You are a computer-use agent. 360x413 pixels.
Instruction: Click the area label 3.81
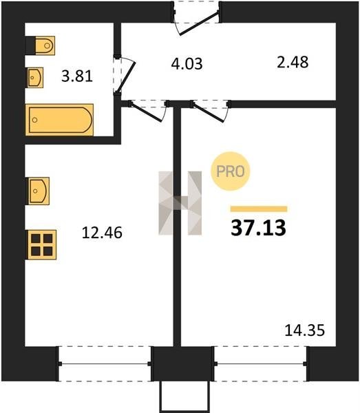77,76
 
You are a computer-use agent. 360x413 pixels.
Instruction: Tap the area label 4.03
187,64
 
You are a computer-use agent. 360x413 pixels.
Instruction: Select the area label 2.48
293,63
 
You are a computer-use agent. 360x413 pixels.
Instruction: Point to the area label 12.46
102,233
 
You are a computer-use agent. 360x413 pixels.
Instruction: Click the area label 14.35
305,330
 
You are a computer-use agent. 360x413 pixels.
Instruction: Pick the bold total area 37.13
258,228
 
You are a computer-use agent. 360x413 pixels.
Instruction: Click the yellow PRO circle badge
230,171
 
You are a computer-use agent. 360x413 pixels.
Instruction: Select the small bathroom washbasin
35,77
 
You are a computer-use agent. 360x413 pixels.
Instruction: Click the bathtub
59,120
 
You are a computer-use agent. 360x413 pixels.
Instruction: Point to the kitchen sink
39,191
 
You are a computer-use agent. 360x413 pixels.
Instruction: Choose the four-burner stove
42,245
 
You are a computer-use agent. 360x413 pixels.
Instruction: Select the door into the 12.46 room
149,110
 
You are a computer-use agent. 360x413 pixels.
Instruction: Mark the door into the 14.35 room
211,111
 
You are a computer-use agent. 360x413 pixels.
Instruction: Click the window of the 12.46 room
105,363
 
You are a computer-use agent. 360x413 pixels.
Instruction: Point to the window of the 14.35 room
260,363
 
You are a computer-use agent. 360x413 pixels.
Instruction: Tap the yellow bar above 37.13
259,209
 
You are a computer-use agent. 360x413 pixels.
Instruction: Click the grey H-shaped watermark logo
180,203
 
